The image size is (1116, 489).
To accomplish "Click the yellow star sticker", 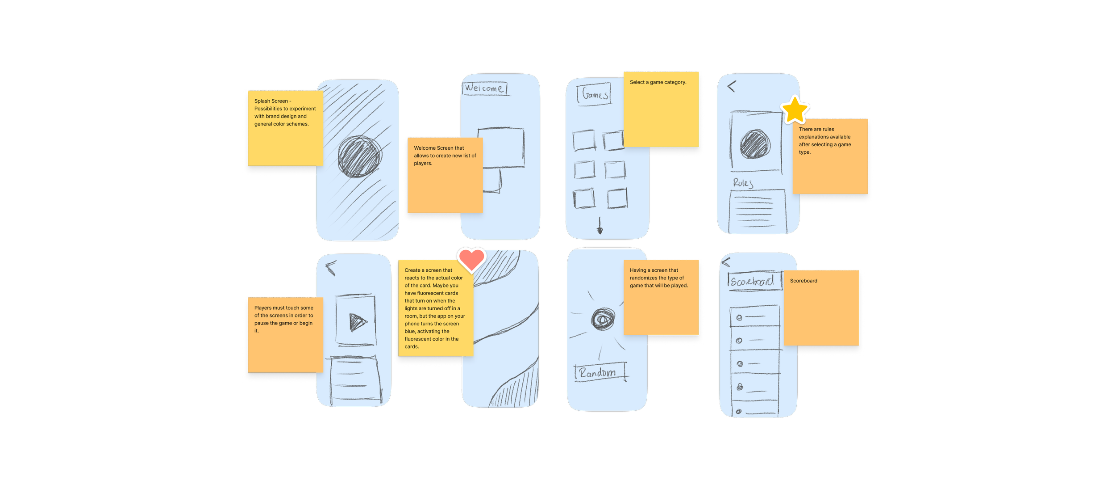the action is pos(795,110).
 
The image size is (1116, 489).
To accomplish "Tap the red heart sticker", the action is pos(471,260).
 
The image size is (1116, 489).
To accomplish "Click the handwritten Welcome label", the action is pos(484,88).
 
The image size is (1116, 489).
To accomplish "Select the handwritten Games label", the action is pos(594,94).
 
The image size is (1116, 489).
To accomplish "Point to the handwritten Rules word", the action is pos(743,182).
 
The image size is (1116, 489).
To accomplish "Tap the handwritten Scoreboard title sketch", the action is pos(754,282).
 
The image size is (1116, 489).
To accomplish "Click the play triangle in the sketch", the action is pos(357,321).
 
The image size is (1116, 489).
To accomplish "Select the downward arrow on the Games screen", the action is pos(600,226).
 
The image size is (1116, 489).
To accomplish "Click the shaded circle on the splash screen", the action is pos(359,156).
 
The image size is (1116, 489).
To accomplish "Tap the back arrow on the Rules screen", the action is pos(731,86).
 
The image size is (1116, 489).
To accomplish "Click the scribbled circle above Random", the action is pos(603,319).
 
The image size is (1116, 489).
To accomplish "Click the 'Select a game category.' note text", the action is pos(658,82).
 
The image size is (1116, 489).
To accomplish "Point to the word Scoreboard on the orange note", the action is pos(804,281).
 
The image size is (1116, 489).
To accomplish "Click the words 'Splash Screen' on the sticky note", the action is pos(271,101).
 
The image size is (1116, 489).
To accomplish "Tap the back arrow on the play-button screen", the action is pos(331,268).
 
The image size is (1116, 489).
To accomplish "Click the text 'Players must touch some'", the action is pos(283,308).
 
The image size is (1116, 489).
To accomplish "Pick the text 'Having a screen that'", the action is pos(654,270).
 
